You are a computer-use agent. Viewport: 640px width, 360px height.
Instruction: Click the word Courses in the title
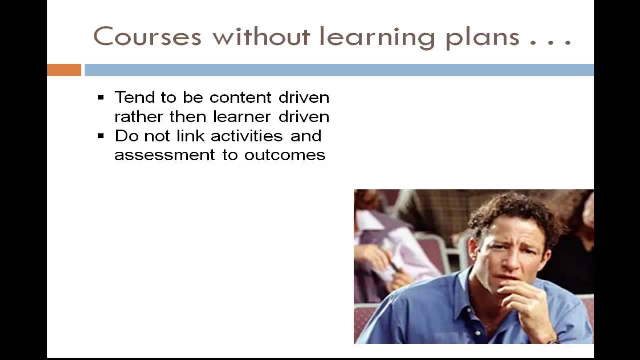(147, 37)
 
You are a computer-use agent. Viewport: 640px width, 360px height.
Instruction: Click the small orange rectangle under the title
(64, 70)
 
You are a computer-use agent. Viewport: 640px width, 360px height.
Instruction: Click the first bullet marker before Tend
(101, 97)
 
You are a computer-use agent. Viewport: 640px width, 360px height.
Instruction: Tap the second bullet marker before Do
(101, 136)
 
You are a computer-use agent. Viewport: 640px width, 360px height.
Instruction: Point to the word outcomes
(284, 155)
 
